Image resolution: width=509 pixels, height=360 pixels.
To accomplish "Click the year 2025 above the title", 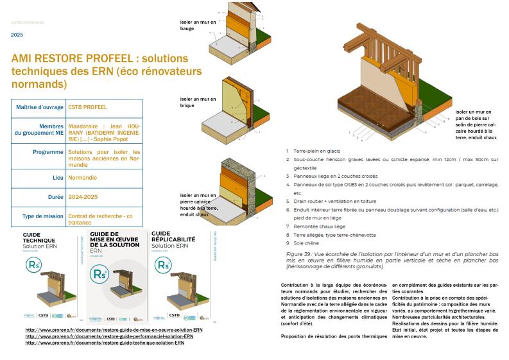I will tap(17, 35).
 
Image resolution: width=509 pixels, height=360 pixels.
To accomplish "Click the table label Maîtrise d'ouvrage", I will tap(39, 107).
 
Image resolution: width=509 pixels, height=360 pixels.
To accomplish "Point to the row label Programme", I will tap(47, 152).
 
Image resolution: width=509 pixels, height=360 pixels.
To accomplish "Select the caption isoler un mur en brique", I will tap(198, 102).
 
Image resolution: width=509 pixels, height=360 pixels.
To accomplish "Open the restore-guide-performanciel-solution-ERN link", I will tap(109, 336).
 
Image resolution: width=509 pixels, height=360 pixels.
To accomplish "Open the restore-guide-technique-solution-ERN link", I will tap(105, 343).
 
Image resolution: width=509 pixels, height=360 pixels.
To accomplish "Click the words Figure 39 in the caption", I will tap(299, 254).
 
